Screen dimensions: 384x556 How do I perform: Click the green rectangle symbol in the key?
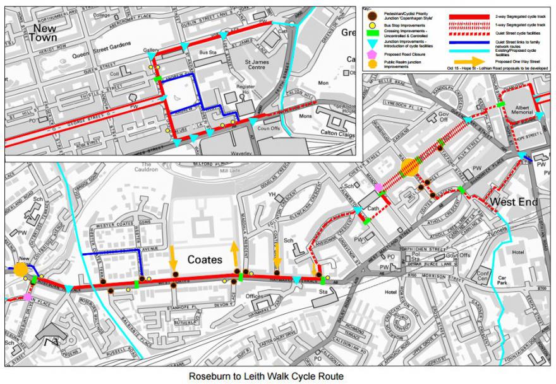pyautogui.click(x=373, y=35)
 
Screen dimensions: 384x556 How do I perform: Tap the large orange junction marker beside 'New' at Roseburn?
pyautogui.click(x=21, y=270)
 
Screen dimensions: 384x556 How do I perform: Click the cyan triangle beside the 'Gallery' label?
pyautogui.click(x=151, y=57)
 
